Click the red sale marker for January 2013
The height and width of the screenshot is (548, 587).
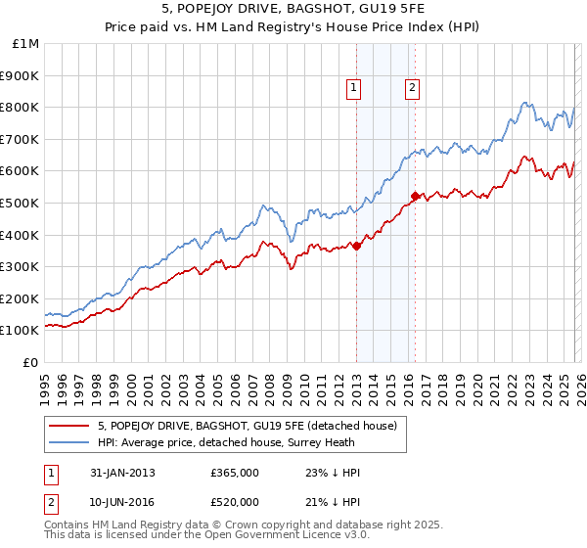pos(356,246)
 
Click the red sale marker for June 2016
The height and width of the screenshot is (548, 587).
pos(415,196)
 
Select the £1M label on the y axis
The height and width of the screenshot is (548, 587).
pos(26,43)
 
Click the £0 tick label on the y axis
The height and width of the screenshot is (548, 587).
pos(31,362)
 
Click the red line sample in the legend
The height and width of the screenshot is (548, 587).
pos(69,426)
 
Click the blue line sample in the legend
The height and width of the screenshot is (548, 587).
pos(69,442)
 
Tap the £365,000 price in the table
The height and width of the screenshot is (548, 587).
pos(234,473)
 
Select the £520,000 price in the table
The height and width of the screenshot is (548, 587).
pos(234,502)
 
